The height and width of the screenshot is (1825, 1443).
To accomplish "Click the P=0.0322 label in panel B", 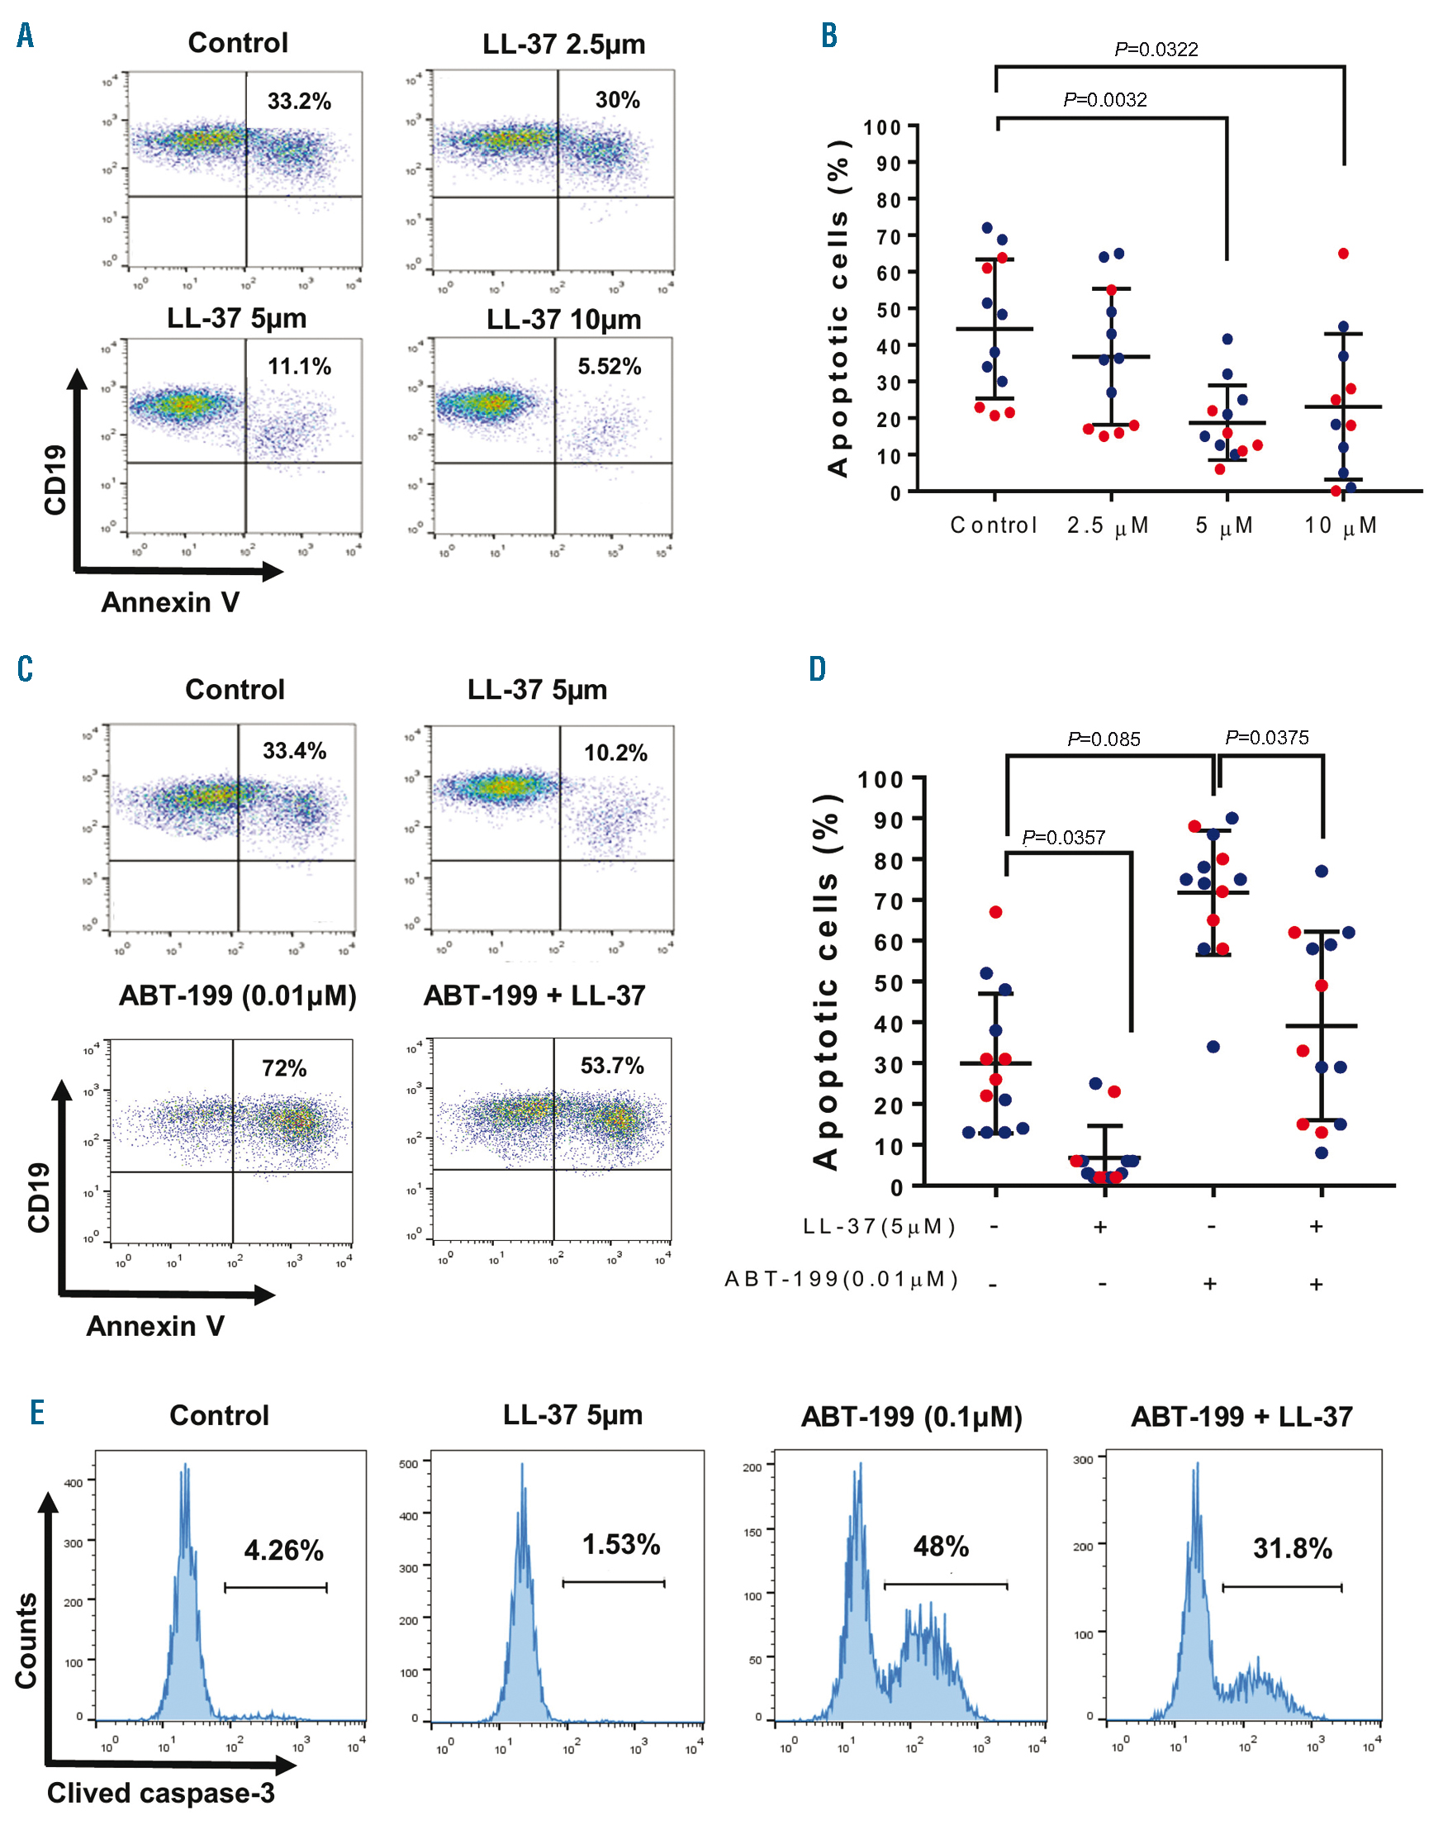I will [x=1156, y=49].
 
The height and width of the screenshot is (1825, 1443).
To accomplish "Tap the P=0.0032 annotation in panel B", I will [x=1105, y=100].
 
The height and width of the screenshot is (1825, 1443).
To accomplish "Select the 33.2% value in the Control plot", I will [x=299, y=102].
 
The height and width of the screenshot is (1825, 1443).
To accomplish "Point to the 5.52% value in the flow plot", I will [x=609, y=367].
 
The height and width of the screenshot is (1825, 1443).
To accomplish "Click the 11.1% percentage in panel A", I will [x=299, y=367].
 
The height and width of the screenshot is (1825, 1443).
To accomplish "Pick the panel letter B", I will [x=828, y=36].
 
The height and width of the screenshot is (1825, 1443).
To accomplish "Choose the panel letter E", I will [x=37, y=1412].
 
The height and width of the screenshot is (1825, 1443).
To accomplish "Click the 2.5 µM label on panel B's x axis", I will [x=1108, y=525].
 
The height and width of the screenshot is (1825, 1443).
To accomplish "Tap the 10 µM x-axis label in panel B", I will [x=1341, y=525].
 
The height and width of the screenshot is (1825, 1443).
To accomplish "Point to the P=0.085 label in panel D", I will [x=1104, y=739].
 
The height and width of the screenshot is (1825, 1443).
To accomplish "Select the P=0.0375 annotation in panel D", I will [x=1266, y=738].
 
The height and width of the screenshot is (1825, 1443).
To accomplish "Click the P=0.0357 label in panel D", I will [x=1063, y=837].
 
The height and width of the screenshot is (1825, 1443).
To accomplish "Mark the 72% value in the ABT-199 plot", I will [x=284, y=1069].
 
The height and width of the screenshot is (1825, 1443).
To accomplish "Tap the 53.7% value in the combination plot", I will [x=612, y=1066].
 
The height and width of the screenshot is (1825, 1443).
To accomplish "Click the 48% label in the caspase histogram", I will [x=940, y=1547].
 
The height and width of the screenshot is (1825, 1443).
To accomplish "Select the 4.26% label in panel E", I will [x=284, y=1551].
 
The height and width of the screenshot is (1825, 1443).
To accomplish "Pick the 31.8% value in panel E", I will [x=1292, y=1549].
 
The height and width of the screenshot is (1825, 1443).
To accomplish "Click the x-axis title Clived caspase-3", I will [x=160, y=1793].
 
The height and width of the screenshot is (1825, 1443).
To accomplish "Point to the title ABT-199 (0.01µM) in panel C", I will [x=237, y=996].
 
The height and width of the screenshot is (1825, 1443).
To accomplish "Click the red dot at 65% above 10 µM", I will [x=1343, y=254].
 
